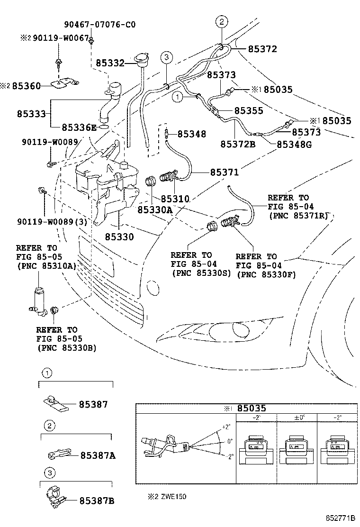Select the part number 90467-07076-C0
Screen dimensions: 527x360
(99, 25)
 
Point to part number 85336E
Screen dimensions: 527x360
(79, 127)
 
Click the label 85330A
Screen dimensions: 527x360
(155, 209)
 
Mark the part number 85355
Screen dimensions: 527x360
(249, 110)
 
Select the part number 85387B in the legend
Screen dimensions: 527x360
(97, 500)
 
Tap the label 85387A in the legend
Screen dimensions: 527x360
(98, 455)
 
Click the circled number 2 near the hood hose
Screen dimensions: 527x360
(221, 21)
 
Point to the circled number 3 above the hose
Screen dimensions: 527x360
(166, 58)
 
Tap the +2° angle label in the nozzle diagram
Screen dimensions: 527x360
(227, 427)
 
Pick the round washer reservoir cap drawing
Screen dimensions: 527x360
(141, 60)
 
